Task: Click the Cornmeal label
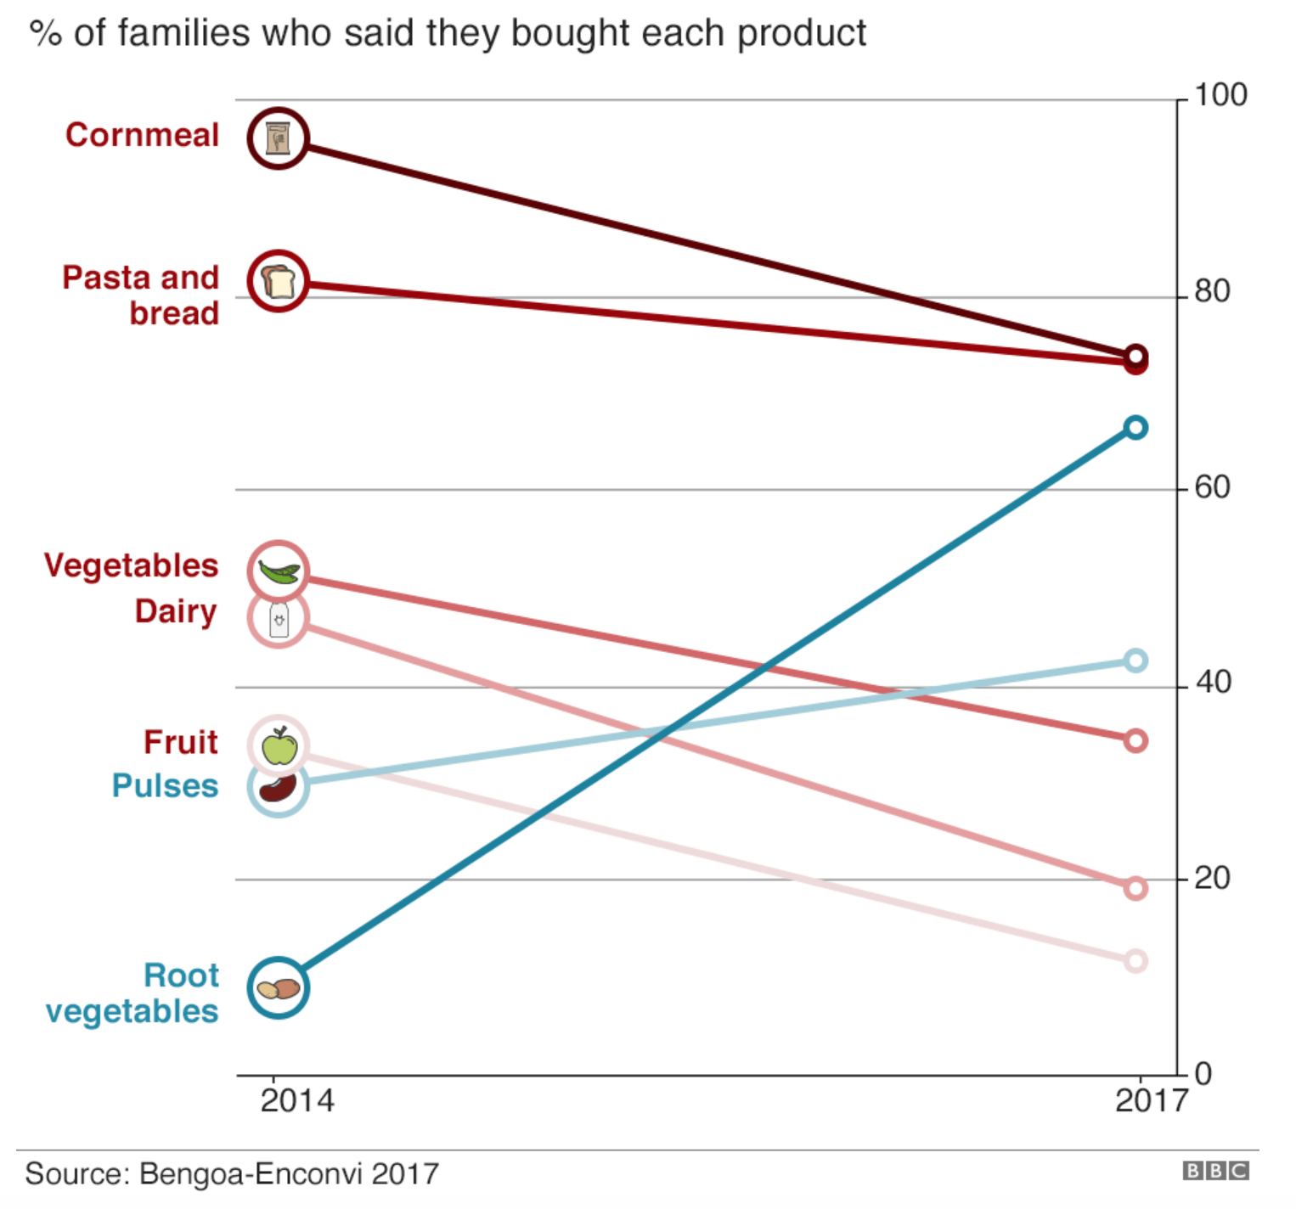(x=142, y=135)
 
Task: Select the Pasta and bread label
(x=141, y=295)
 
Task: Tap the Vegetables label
(x=131, y=565)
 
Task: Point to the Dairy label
(x=176, y=611)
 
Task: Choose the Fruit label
(x=180, y=742)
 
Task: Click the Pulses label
(x=165, y=786)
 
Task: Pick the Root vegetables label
(x=132, y=993)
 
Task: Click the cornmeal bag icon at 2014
(x=278, y=138)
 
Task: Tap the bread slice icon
(x=278, y=281)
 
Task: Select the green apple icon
(x=279, y=746)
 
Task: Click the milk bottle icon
(x=279, y=619)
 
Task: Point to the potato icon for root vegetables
(x=279, y=988)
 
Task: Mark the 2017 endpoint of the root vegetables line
(x=1135, y=427)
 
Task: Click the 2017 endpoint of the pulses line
(x=1135, y=661)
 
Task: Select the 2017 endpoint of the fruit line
(x=1135, y=961)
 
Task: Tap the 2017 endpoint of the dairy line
(x=1135, y=888)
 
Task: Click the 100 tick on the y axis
(x=1220, y=95)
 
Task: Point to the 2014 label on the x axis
(x=296, y=1100)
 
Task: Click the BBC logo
(x=1215, y=1172)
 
